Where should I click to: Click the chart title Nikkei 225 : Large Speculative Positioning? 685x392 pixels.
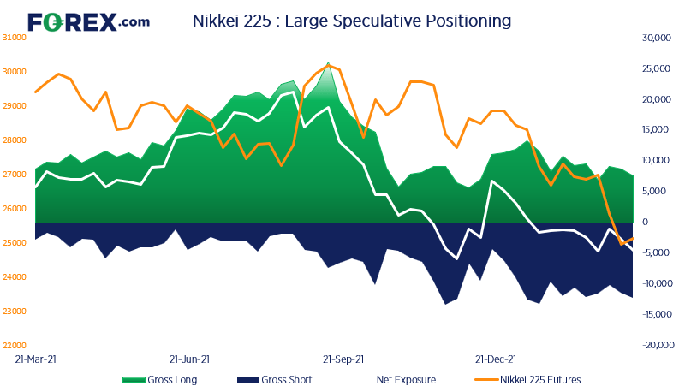coord(351,20)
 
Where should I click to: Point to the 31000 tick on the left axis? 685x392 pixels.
coord(15,38)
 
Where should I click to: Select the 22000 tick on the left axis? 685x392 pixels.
coord(15,346)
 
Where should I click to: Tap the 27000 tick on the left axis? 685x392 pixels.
coord(15,175)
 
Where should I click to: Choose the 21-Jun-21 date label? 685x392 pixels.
coord(190,360)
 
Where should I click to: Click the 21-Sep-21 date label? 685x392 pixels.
coord(343,360)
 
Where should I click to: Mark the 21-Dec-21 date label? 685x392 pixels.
coord(496,360)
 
